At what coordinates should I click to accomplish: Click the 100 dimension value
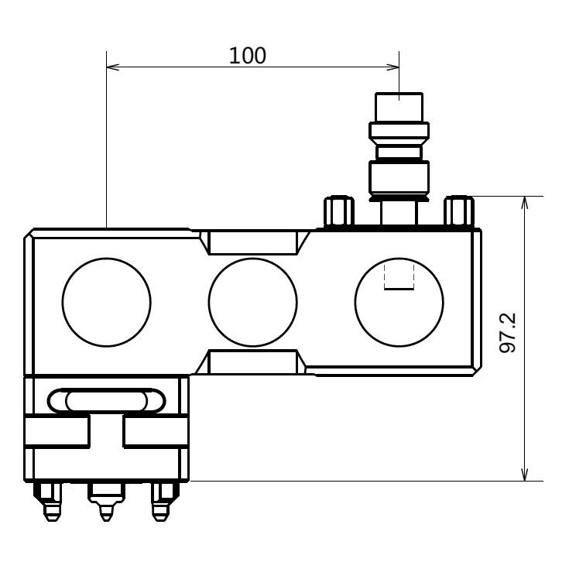247,56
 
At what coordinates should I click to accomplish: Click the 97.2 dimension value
508,334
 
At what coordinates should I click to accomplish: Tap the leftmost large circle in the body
106,302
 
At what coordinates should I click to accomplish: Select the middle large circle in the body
252,302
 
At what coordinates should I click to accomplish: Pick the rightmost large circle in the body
399,302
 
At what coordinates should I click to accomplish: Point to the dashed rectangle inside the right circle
399,277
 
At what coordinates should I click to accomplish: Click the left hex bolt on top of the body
338,211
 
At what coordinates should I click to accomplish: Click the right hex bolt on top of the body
458,211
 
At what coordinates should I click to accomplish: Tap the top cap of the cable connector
399,107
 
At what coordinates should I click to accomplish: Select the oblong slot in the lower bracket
106,400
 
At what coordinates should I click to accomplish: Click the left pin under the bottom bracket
51,502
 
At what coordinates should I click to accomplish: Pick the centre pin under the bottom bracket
106,502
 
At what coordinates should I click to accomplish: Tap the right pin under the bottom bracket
160,502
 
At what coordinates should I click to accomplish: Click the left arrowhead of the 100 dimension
111,67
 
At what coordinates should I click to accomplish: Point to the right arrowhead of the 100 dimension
394,67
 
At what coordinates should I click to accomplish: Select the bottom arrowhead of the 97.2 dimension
525,475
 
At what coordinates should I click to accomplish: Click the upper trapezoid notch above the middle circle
252,242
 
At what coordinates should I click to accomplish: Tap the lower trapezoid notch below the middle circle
252,362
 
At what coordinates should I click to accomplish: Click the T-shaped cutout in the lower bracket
106,434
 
